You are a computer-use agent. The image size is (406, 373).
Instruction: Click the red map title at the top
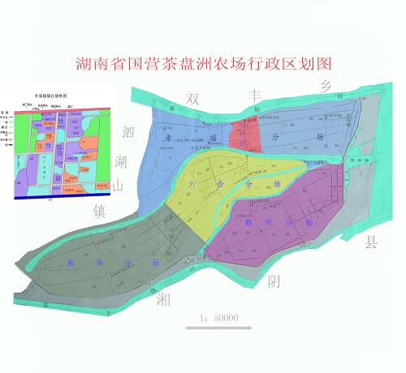[x=203, y=62]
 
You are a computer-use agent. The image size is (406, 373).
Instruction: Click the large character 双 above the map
[x=193, y=99]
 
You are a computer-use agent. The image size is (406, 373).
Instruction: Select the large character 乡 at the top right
[x=326, y=85]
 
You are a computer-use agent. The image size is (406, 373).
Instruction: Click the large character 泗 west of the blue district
[x=127, y=132]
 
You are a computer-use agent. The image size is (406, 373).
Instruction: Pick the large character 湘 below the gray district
[x=162, y=300]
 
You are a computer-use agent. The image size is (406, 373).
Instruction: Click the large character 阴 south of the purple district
[x=274, y=281]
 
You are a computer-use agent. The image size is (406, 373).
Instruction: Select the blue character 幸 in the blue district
[x=169, y=139]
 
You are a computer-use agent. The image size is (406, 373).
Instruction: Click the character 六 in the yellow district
[x=192, y=185]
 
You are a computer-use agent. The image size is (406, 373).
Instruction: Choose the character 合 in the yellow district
[x=218, y=185]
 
